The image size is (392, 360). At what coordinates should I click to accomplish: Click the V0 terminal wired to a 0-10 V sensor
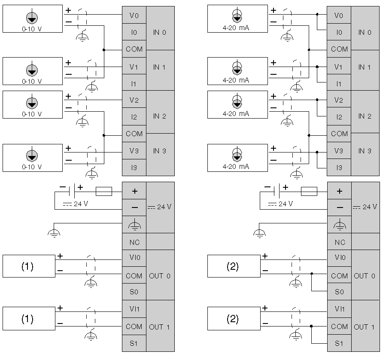point(134,15)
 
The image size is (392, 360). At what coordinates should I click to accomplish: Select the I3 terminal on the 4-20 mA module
point(339,168)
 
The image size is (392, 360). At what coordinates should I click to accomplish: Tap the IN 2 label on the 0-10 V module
point(159,116)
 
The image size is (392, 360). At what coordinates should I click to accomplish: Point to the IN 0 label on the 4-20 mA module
point(365,32)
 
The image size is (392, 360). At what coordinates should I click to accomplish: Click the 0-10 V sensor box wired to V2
point(33,104)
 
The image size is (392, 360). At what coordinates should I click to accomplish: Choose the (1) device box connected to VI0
point(29,266)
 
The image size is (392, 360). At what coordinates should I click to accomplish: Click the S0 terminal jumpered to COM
point(339,292)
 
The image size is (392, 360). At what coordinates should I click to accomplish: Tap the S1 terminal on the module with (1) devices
point(134,343)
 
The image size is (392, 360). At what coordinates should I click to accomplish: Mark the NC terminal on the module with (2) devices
point(339,242)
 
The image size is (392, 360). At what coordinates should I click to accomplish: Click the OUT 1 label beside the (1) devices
point(159,327)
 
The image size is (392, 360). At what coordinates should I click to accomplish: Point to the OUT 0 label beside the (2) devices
point(365,276)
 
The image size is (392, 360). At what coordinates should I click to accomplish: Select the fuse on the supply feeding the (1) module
point(104,191)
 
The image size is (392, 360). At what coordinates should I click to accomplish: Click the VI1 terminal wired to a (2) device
point(339,309)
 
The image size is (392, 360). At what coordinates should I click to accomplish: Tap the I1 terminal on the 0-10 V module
point(134,84)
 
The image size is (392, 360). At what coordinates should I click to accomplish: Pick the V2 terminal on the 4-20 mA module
point(339,101)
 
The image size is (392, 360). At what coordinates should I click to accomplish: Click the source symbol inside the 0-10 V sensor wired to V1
point(32,70)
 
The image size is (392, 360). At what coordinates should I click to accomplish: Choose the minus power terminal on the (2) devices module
point(339,207)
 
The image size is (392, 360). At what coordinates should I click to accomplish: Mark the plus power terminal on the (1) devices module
point(134,191)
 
